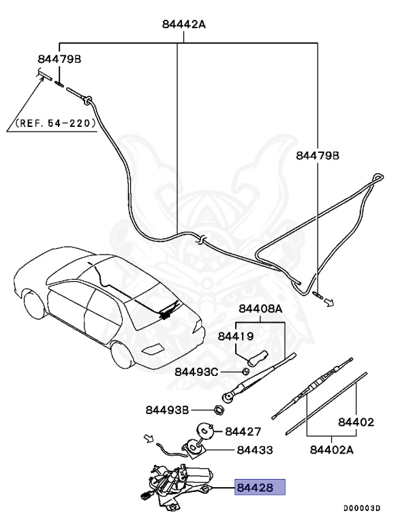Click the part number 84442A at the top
[x=183, y=25]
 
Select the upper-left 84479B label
[x=59, y=59]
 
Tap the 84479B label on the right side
[x=317, y=156]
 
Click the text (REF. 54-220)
[x=55, y=125]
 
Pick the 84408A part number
[x=260, y=308]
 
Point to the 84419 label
[x=236, y=336]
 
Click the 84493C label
[x=196, y=371]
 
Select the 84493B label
[x=167, y=410]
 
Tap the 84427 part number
[x=243, y=431]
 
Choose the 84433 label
[x=255, y=450]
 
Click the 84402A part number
[x=333, y=450]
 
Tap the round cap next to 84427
[x=205, y=431]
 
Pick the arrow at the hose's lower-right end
[x=329, y=301]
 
